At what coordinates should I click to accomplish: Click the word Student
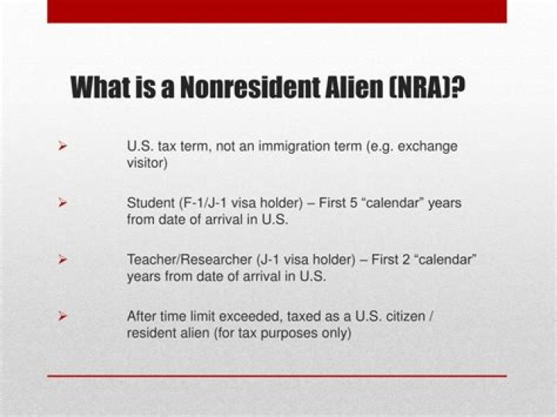pyautogui.click(x=149, y=203)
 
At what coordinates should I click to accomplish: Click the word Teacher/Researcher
pyautogui.click(x=181, y=259)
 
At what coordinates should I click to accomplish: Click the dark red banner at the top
pyautogui.click(x=276, y=11)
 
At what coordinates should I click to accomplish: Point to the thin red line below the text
pyautogui.click(x=276, y=376)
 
